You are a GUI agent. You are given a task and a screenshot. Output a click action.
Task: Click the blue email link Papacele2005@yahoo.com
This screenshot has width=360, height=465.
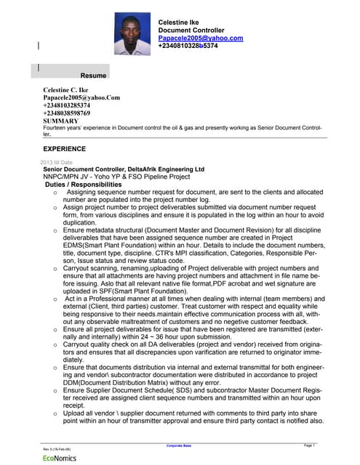pyautogui.click(x=200, y=38)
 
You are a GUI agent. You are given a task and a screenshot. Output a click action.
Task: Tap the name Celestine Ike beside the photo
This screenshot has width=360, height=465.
pyautogui.click(x=178, y=23)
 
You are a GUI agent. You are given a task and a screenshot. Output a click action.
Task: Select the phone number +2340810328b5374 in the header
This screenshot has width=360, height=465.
pyautogui.click(x=188, y=46)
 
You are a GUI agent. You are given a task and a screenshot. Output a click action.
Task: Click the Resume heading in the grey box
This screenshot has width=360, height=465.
pyautogui.click(x=93, y=76)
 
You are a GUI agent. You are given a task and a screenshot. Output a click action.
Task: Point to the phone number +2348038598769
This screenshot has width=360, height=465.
pyautogui.click(x=67, y=113)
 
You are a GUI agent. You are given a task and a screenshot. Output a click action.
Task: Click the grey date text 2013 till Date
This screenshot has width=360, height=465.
pyautogui.click(x=57, y=161)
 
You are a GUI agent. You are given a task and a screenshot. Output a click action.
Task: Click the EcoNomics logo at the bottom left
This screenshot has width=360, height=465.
pyautogui.click(x=60, y=458)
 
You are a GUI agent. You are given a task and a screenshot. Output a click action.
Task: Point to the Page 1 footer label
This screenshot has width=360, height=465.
pyautogui.click(x=308, y=445)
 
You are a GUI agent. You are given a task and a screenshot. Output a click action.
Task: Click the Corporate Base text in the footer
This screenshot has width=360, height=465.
pyautogui.click(x=179, y=445)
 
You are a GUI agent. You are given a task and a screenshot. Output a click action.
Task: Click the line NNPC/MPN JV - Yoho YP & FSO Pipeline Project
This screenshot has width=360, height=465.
pyautogui.click(x=116, y=177)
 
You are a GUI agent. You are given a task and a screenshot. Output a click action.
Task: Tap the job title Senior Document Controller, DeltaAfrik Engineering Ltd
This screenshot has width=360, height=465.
pyautogui.click(x=124, y=169)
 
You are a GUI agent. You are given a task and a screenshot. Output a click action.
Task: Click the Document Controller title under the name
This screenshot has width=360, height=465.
pyautogui.click(x=193, y=30)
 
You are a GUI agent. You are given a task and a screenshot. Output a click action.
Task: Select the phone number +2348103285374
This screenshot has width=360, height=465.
pyautogui.click(x=67, y=105)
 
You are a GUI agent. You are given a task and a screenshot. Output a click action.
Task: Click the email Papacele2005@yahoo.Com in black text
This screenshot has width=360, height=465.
pyautogui.click(x=81, y=97)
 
